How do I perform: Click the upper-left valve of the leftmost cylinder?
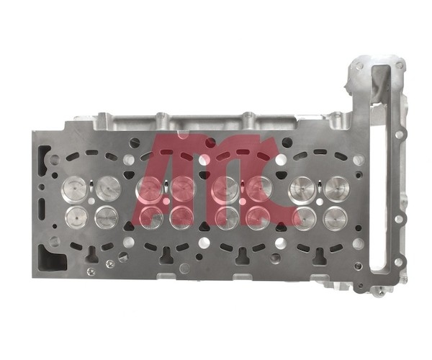74,189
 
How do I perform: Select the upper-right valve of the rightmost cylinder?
337,189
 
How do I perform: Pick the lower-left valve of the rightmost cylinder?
305,218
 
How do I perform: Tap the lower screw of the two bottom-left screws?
89,271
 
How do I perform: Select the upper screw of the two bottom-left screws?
109,264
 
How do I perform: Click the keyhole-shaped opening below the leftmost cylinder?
91,254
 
